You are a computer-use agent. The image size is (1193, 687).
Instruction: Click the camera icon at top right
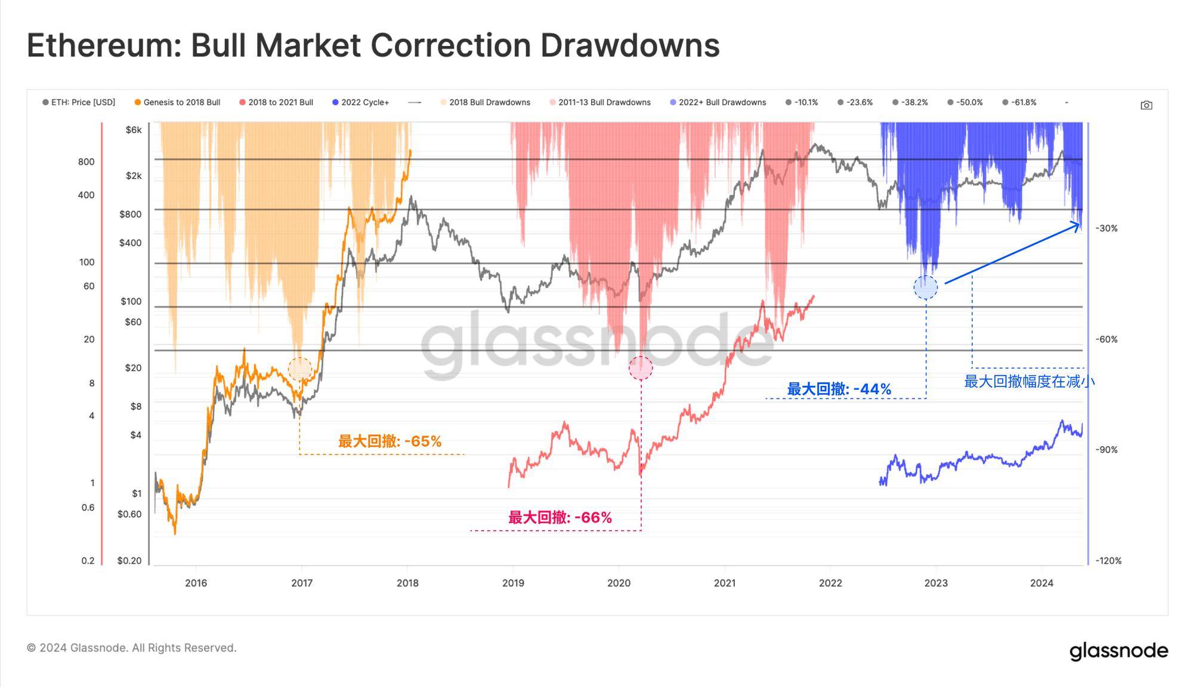[1146, 106]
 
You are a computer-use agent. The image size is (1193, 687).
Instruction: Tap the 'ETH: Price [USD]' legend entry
[79, 103]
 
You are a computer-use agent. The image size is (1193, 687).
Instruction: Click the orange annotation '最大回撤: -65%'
[390, 441]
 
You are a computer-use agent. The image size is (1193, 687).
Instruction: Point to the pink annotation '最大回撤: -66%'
[560, 517]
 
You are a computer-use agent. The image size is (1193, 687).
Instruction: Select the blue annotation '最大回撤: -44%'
[839, 389]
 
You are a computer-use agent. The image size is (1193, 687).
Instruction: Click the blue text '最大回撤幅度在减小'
[1029, 382]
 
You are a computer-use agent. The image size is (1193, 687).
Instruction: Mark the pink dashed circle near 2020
[641, 368]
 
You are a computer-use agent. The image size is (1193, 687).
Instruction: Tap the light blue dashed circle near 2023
[925, 287]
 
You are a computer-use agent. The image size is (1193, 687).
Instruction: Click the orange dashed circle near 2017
[299, 369]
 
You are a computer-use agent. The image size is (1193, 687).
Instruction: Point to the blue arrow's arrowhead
[1078, 225]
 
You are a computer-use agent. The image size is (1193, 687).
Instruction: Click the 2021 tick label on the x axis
[724, 583]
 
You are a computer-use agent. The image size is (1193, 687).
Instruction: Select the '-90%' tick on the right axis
[1107, 450]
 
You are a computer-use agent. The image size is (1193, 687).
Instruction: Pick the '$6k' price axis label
[134, 130]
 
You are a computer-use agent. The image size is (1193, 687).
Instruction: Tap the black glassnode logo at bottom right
[1118, 651]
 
